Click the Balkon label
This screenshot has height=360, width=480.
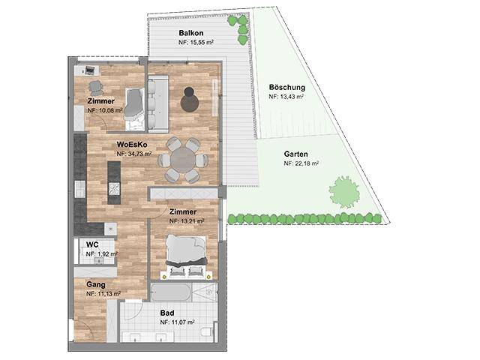[x=191, y=33]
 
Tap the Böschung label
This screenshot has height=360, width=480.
[x=287, y=87]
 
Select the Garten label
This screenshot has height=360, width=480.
[x=295, y=154]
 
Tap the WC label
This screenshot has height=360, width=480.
[x=92, y=245]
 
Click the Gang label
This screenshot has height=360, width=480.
[x=96, y=285]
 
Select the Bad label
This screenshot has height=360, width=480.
[x=167, y=313]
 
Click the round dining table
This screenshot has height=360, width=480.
[x=183, y=160]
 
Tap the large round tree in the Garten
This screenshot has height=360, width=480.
[x=343, y=192]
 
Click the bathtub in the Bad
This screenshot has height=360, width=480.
[x=172, y=292]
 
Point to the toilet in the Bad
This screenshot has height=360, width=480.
[x=207, y=332]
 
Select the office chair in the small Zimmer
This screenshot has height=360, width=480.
[x=95, y=88]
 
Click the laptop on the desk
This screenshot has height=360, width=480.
[x=90, y=70]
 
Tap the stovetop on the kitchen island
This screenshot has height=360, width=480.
[x=114, y=189]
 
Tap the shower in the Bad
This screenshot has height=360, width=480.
[x=205, y=292]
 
